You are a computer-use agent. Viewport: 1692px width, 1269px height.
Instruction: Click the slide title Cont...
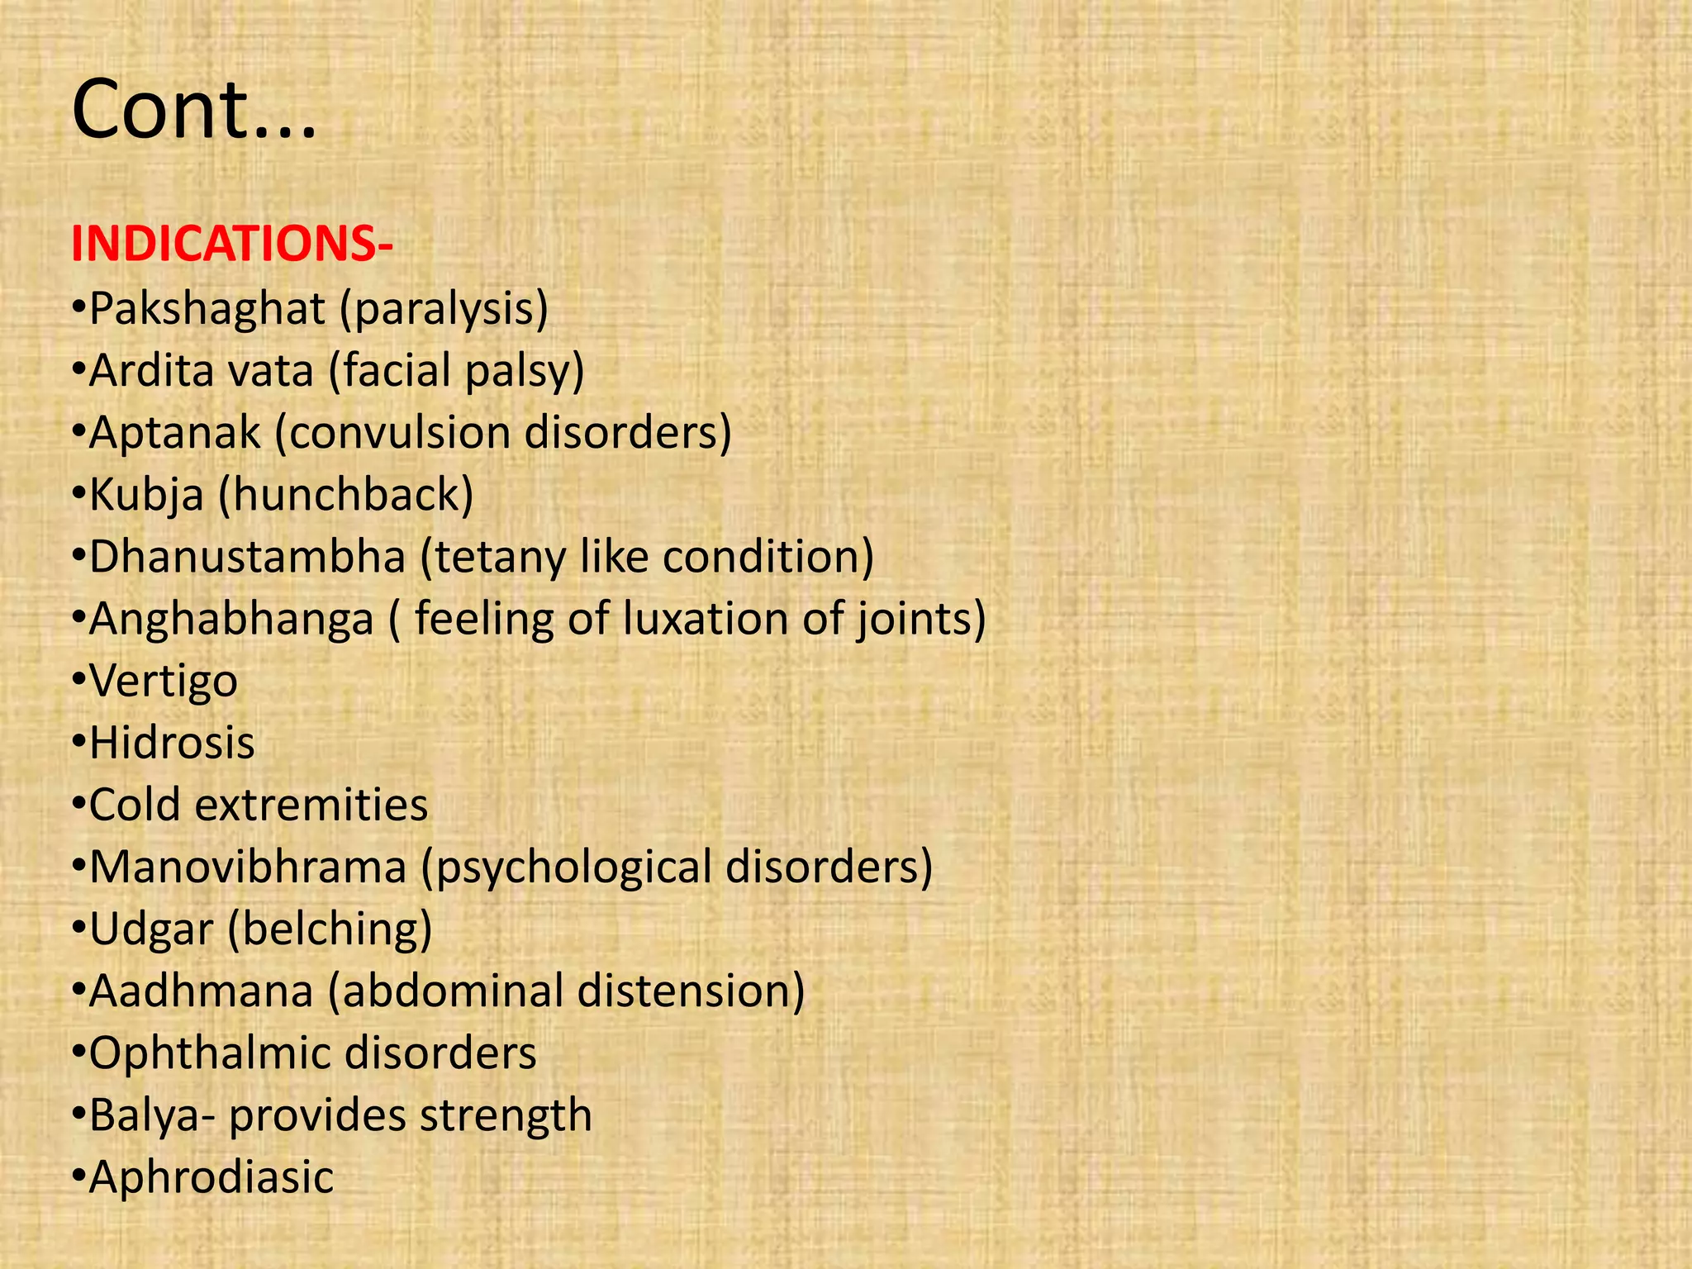click(193, 110)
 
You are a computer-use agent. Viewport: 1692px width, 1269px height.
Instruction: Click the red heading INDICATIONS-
click(232, 245)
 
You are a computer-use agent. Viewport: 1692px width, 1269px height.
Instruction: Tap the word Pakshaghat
click(207, 309)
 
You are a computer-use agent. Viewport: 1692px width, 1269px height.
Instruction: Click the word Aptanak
click(174, 433)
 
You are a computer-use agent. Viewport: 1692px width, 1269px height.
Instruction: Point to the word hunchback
click(346, 495)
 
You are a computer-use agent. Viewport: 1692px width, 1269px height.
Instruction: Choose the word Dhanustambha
click(247, 557)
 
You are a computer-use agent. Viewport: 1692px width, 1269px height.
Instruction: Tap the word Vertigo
click(164, 682)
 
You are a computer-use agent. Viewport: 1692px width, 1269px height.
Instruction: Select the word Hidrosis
click(172, 743)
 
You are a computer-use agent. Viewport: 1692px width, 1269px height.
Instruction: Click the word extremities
click(311, 805)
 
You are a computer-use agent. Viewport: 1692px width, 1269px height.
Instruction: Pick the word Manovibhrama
click(248, 867)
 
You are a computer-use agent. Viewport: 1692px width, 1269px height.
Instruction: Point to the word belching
click(329, 929)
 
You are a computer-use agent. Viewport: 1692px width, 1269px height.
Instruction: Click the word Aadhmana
click(201, 991)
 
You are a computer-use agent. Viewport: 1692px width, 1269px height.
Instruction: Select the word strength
click(506, 1115)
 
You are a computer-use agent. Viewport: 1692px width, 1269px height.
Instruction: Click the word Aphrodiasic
click(211, 1177)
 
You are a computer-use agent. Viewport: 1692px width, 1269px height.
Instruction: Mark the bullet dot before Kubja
click(78, 495)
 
